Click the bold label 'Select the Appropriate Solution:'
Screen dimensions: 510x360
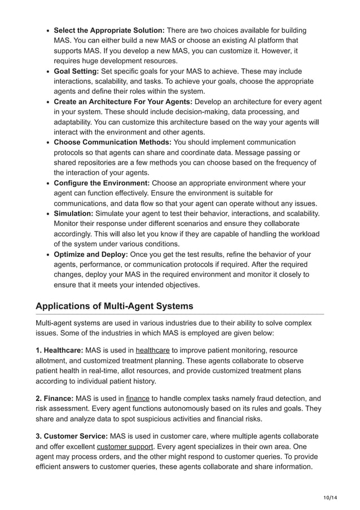[x=109, y=30]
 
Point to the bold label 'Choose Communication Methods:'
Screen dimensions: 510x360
[x=112, y=142]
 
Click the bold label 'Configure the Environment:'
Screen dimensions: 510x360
[x=102, y=183]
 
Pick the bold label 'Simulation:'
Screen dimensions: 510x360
[x=73, y=213]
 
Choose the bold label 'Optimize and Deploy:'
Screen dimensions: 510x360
[x=90, y=254]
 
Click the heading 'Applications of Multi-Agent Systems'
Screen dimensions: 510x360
[x=114, y=306]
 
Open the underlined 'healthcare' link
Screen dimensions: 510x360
[x=152, y=350]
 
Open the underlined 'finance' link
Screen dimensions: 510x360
[x=138, y=398]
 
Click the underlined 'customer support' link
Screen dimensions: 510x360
[x=124, y=446]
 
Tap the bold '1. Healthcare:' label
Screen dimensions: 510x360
[x=59, y=350]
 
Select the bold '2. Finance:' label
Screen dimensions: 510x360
[x=54, y=398]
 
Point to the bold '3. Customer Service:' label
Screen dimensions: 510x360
[x=71, y=436]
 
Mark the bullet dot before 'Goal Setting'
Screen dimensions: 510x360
[x=48, y=72]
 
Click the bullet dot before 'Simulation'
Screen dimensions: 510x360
[x=48, y=214]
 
